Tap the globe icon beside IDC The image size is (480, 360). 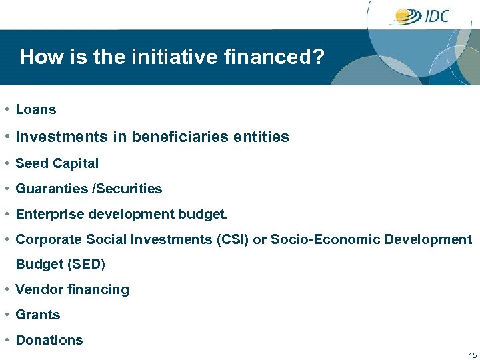pos(406,16)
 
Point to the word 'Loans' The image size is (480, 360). pos(36,110)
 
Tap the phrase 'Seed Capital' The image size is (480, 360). pos(57,163)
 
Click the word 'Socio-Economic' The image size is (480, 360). pos(325,239)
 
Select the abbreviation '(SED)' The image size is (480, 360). pos(86,264)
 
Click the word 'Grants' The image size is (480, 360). pos(38,315)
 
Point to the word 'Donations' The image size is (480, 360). pos(49,340)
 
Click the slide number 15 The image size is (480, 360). pos(473,355)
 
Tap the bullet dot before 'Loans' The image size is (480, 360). pos(5,110)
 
